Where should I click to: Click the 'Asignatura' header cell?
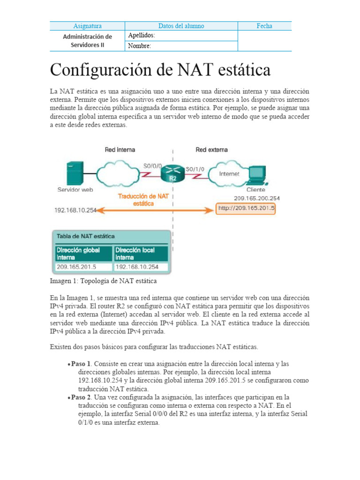click(87, 26)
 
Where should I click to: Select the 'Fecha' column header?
click(264, 26)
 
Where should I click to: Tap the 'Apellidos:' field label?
click(141, 36)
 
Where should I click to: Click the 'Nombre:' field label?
click(139, 46)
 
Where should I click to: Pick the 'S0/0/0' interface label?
click(153, 165)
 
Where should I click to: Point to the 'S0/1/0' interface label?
click(195, 168)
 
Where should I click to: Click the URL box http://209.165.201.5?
click(246, 209)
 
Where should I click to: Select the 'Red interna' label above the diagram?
click(120, 150)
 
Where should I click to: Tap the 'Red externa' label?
click(211, 150)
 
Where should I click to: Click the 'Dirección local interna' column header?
click(140, 254)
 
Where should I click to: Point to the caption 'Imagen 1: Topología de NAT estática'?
click(103, 281)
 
